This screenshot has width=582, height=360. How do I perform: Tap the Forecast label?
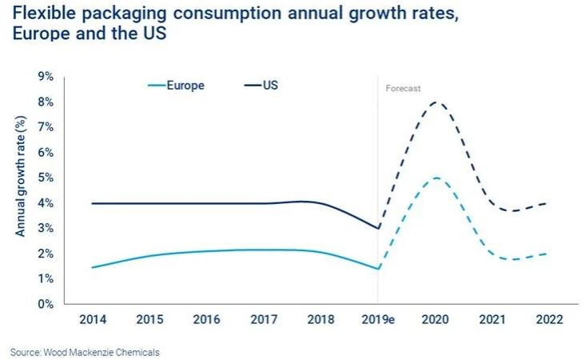[403, 90]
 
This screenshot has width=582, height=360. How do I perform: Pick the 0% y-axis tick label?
[46, 304]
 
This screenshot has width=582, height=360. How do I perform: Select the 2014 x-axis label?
[94, 320]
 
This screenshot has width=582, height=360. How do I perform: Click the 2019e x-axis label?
[377, 320]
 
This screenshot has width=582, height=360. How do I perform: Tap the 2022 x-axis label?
[548, 320]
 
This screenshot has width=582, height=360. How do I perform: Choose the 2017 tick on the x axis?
[264, 320]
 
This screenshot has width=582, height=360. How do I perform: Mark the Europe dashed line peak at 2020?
[435, 178]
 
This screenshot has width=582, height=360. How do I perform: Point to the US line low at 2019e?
[378, 228]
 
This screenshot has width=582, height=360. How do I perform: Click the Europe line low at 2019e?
[378, 269]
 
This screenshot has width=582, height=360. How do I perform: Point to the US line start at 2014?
[94, 203]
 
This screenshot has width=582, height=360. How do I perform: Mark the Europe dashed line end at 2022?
[548, 254]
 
